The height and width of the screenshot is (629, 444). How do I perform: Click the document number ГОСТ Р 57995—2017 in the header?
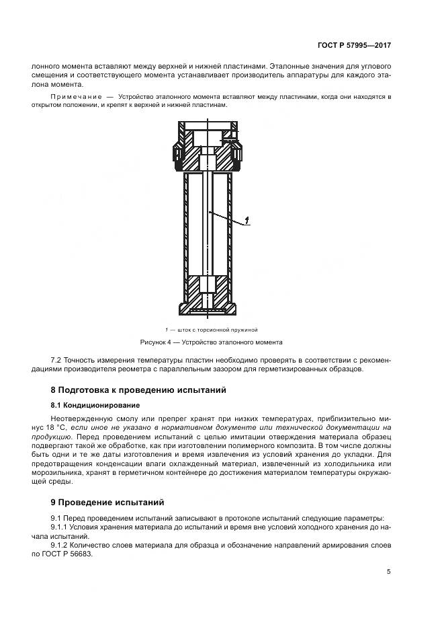coord(354,46)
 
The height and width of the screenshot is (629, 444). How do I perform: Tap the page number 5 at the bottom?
coord(388,572)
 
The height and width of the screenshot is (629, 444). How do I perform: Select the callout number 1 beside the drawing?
coord(247,220)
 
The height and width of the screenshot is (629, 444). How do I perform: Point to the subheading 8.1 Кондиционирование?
coord(95,405)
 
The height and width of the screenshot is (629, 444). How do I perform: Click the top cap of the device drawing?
coord(208,126)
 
